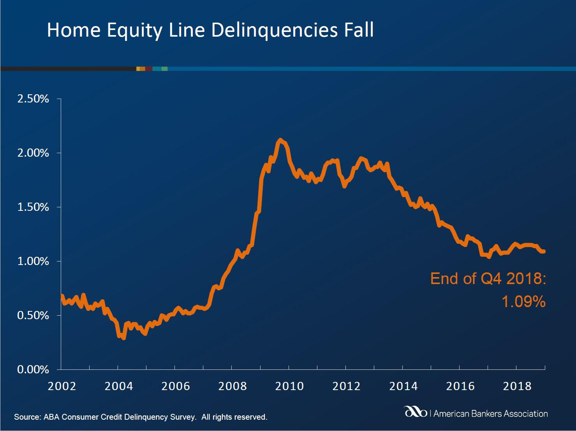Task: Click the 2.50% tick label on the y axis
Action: [33, 99]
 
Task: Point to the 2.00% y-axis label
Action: [33, 153]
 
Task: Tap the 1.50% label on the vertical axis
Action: [33, 207]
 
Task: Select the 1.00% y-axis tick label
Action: [33, 261]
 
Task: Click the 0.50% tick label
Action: [33, 316]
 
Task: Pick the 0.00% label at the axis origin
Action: [33, 370]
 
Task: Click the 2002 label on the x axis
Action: [62, 386]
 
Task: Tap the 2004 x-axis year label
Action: [119, 386]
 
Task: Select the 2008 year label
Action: [233, 386]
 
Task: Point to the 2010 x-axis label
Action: [289, 386]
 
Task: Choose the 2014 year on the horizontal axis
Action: [403, 386]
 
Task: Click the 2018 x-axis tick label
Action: [517, 386]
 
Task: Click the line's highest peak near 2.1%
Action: [280, 140]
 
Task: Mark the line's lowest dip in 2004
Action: [123, 338]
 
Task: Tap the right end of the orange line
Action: [544, 252]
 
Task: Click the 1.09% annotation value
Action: [523, 302]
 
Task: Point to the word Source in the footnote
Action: [27, 417]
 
